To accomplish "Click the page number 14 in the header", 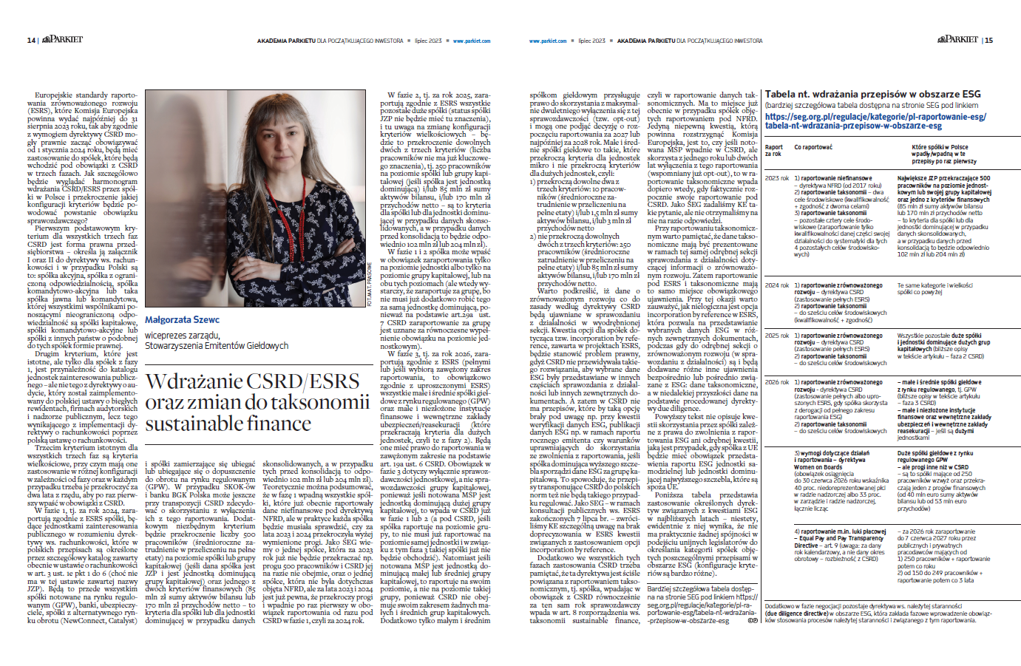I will pyautogui.click(x=30, y=41).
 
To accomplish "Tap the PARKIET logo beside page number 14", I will pyautogui.click(x=62, y=39).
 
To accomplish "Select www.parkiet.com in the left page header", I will pyautogui.click(x=472, y=41).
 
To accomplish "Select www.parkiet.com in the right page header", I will pyautogui.click(x=548, y=41).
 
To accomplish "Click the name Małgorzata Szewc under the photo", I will pyautogui.click(x=182, y=320).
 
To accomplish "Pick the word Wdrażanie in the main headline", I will pyautogui.click(x=194, y=381).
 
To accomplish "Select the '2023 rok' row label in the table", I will pyautogui.click(x=777, y=178).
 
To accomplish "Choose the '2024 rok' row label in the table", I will pyautogui.click(x=777, y=285).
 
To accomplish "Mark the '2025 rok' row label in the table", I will pyautogui.click(x=777, y=336).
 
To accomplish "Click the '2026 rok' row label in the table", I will pyautogui.click(x=777, y=382).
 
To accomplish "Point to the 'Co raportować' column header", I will pyautogui.click(x=813, y=147).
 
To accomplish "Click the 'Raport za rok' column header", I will pyautogui.click(x=774, y=150).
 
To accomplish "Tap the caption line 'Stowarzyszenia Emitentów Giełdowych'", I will pyautogui.click(x=217, y=345).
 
